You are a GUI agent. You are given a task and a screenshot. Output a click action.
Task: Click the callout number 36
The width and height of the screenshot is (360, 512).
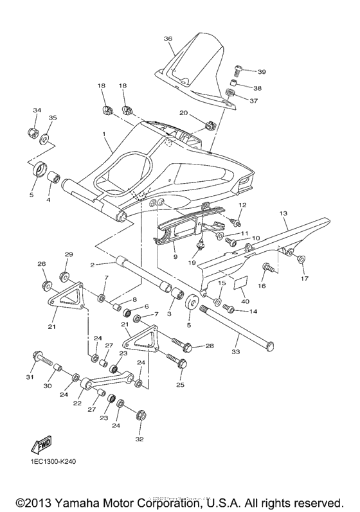click(168, 39)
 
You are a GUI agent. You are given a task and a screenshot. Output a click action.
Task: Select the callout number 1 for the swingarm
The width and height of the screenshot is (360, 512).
click(103, 134)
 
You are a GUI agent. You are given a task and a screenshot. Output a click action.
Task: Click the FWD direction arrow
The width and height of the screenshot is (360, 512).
click(42, 446)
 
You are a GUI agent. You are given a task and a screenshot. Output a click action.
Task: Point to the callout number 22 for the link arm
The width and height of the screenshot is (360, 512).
click(78, 403)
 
